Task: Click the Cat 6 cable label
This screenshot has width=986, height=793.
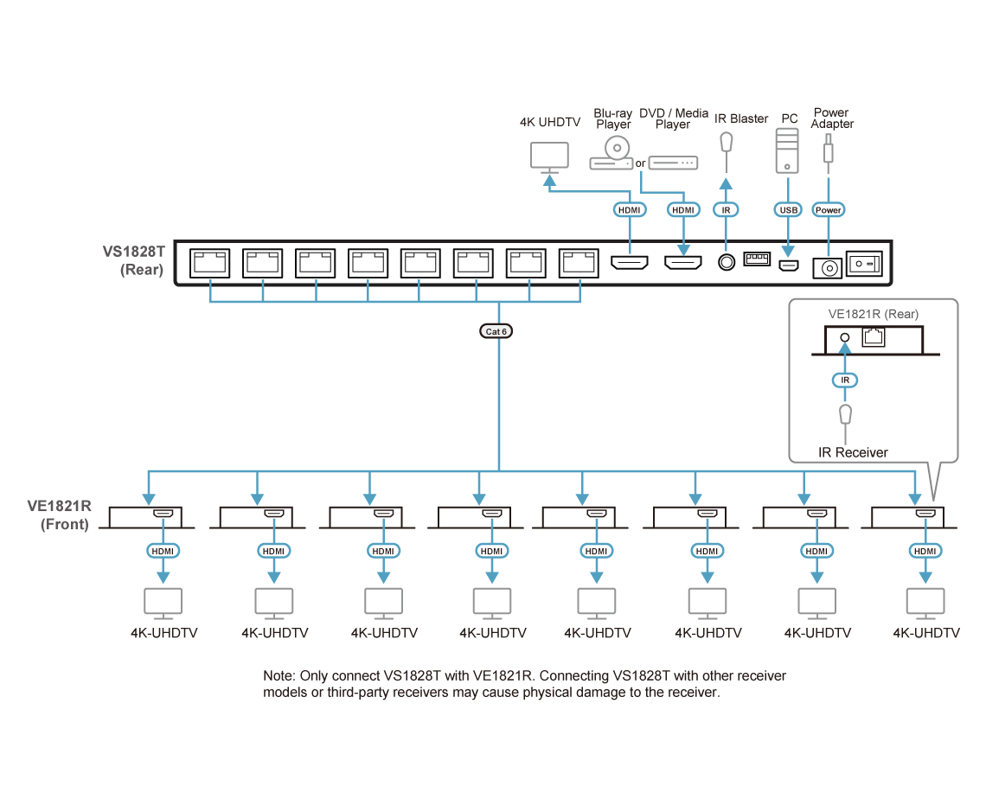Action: pos(498,330)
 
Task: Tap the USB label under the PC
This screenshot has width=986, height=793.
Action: pos(788,209)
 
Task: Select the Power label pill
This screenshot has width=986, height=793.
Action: pos(829,209)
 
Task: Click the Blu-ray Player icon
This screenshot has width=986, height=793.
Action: pos(612,156)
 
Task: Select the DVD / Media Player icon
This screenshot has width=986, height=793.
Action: pos(673,163)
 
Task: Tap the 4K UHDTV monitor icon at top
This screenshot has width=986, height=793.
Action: pos(548,157)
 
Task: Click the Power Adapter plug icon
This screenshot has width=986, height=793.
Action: pos(829,151)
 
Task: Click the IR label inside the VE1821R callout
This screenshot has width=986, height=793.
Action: pos(845,380)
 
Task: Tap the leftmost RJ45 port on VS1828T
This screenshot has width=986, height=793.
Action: pos(209,262)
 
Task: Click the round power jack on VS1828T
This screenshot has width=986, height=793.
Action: pos(828,269)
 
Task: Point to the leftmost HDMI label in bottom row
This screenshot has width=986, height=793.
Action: pos(162,551)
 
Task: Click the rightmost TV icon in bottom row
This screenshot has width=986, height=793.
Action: pos(923,603)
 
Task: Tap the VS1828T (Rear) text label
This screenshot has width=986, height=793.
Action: pos(134,260)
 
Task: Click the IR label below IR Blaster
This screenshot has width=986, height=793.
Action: pos(727,209)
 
